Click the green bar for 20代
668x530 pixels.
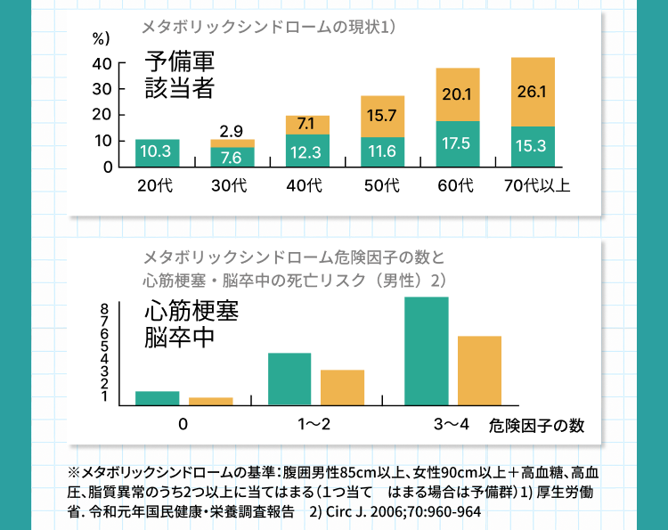pos(157,152)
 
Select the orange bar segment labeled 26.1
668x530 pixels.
pos(533,92)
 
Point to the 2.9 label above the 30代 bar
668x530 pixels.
pos(232,131)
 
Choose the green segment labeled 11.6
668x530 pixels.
pos(382,151)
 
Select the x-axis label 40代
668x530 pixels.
pos(307,186)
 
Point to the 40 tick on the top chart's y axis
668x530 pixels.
pos(102,64)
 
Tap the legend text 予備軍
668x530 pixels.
pos(181,62)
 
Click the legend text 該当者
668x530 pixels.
pos(181,87)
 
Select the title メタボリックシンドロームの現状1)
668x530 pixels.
pos(268,28)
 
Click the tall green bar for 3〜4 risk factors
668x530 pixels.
pos(426,351)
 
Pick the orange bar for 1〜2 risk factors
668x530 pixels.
pos(343,387)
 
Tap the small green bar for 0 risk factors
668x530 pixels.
pos(157,398)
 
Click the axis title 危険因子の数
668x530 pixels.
pos(537,425)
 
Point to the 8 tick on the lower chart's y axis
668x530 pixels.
pos(105,308)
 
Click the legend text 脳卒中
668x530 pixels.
pos(180,339)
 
